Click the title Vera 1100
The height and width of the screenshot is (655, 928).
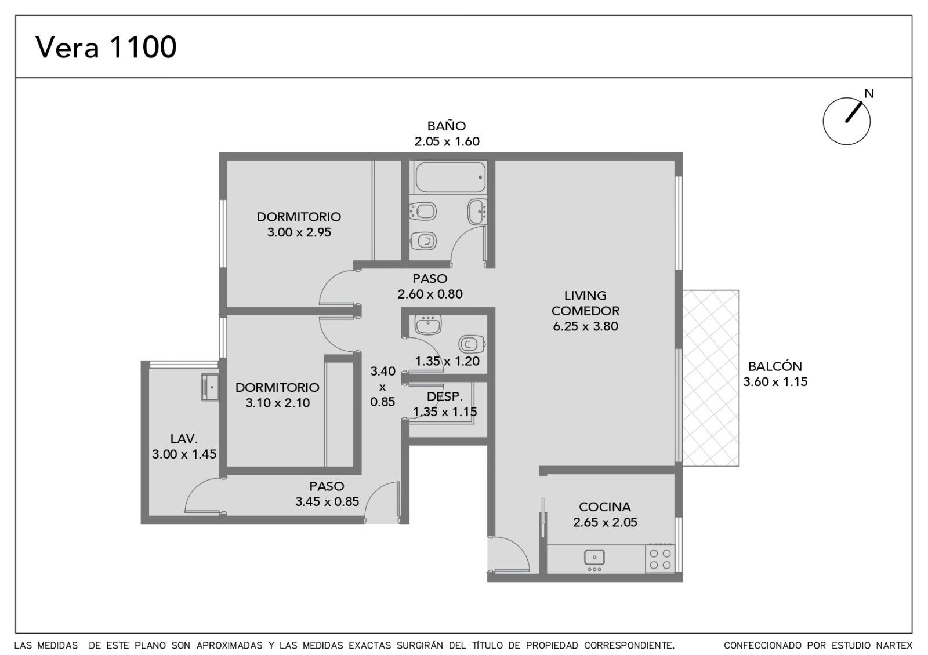pyautogui.click(x=106, y=47)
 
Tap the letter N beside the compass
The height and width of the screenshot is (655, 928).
pyautogui.click(x=869, y=93)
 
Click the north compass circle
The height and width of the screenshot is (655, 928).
pyautogui.click(x=846, y=121)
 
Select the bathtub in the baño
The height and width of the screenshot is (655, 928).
pyautogui.click(x=450, y=177)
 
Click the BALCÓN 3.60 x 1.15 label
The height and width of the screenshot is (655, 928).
pyautogui.click(x=775, y=374)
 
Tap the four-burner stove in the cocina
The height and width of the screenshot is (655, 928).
pyautogui.click(x=660, y=559)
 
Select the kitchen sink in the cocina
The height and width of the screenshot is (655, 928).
pyautogui.click(x=594, y=557)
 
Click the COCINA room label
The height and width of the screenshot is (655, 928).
pyautogui.click(x=605, y=507)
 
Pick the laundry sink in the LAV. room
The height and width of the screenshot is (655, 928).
pyautogui.click(x=210, y=387)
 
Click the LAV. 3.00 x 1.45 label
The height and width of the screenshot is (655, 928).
pyautogui.click(x=184, y=446)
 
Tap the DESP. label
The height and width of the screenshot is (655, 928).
pyautogui.click(x=444, y=396)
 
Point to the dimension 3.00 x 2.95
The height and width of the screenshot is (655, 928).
pyautogui.click(x=299, y=232)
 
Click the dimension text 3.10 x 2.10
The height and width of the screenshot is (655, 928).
pyautogui.click(x=278, y=403)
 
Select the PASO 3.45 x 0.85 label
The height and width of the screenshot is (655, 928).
pyautogui.click(x=327, y=494)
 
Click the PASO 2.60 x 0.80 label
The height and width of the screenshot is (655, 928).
pyautogui.click(x=430, y=286)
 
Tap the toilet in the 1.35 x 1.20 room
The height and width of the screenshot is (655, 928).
pyautogui.click(x=472, y=344)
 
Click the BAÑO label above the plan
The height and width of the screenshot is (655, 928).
pyautogui.click(x=447, y=125)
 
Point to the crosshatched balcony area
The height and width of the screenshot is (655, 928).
pyautogui.click(x=711, y=378)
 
